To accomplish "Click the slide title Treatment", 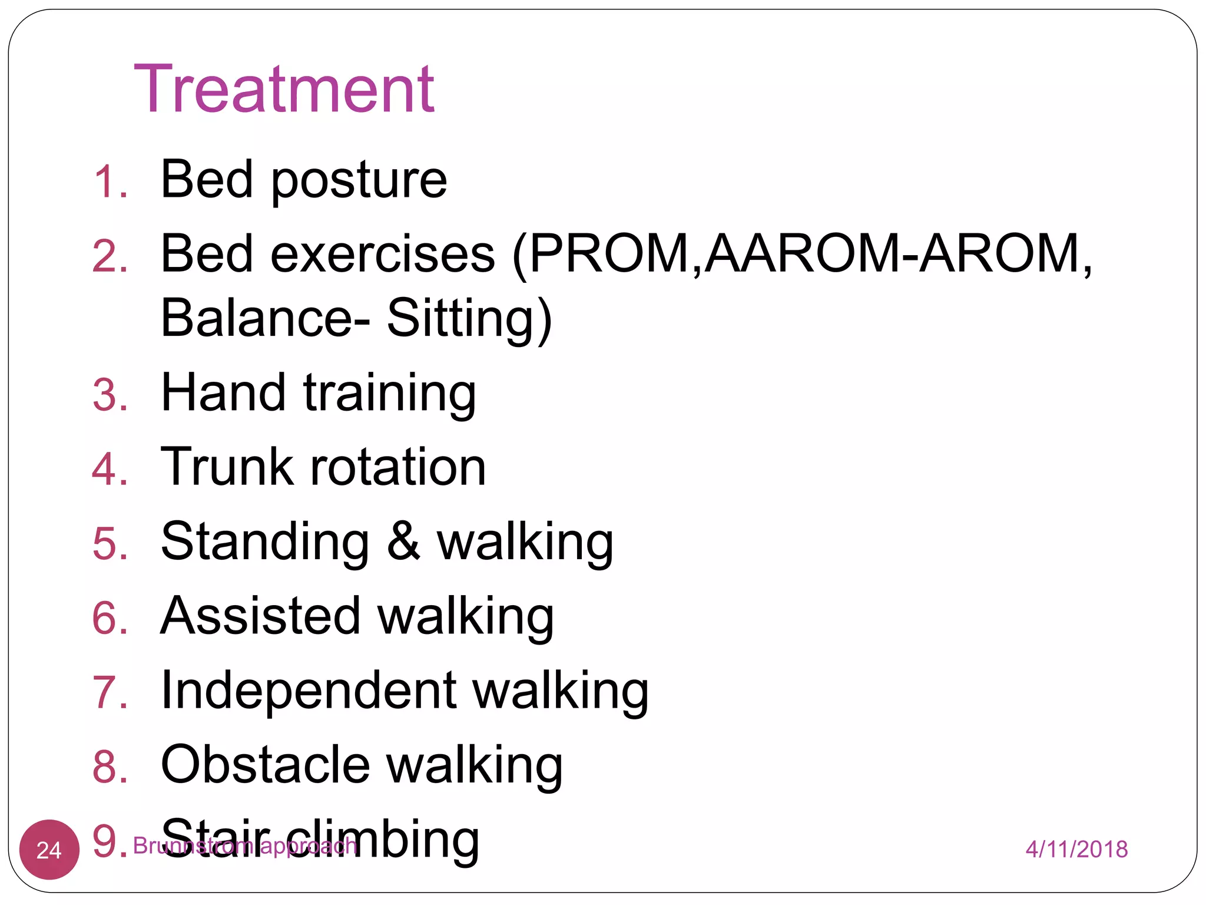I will [284, 90].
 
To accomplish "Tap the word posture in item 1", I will [359, 181].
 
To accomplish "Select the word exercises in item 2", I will [383, 255].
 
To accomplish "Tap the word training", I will [389, 395].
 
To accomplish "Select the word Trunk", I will [227, 467].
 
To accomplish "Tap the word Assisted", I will [260, 616].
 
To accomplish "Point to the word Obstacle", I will [265, 764].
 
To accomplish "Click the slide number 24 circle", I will [49, 850].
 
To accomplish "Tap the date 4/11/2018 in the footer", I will [1076, 850].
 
